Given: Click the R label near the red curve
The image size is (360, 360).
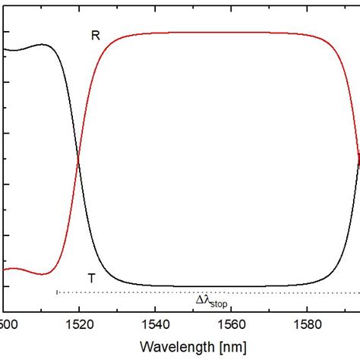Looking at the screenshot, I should pos(95,36).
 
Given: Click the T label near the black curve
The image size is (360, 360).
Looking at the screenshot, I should pos(92,278).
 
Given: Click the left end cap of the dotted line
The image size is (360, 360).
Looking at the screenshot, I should pos(57,292).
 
